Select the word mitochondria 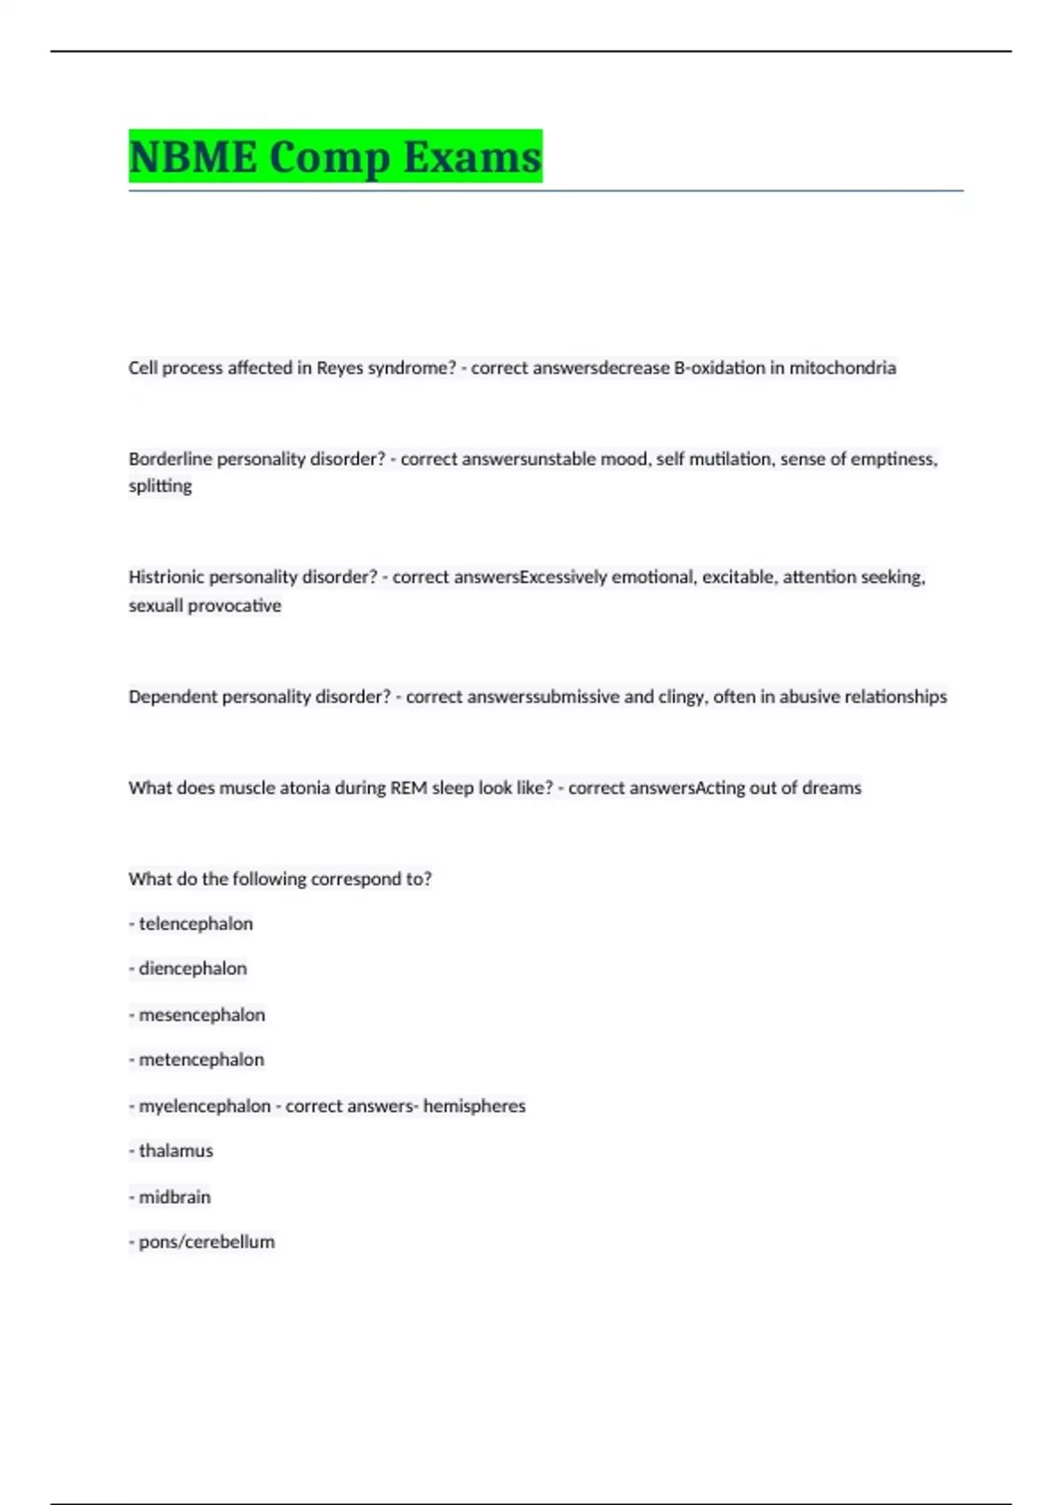click(842, 367)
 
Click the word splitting click(160, 486)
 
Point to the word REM click(408, 788)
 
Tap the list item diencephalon click(192, 969)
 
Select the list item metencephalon click(201, 1060)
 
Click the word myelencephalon click(205, 1106)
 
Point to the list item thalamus click(175, 1151)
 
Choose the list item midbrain click(175, 1197)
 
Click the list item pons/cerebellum click(206, 1242)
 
